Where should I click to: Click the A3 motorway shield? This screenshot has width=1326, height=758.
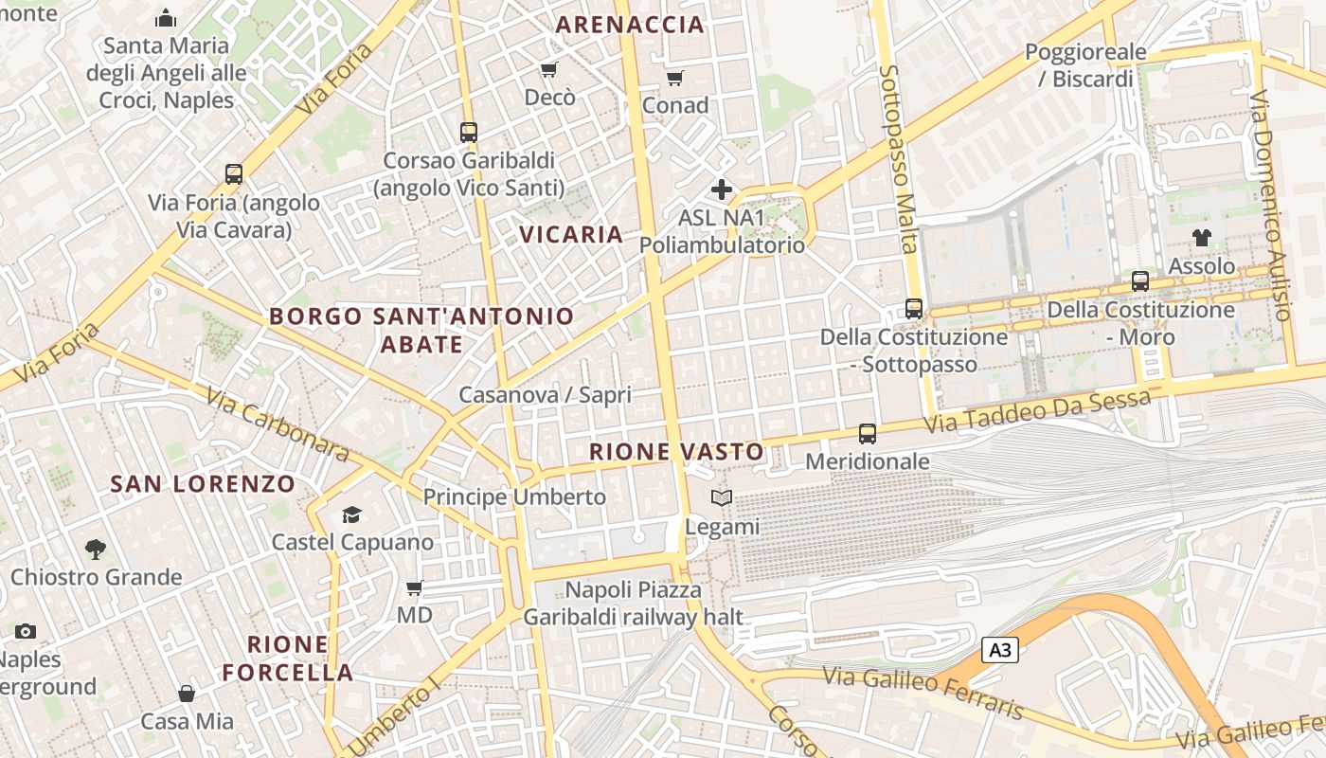click(x=1001, y=650)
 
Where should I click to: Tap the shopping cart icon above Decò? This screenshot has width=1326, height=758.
click(x=548, y=69)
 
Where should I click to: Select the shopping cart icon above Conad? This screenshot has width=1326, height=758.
click(x=674, y=78)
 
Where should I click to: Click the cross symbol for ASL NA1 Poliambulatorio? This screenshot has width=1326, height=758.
click(x=722, y=189)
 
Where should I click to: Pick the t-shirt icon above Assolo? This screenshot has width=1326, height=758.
click(x=1201, y=237)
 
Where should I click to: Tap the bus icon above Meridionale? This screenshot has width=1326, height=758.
click(x=867, y=434)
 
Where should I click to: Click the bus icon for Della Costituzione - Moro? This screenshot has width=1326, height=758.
click(x=1140, y=281)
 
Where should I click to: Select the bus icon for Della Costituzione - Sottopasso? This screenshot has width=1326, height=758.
click(x=913, y=309)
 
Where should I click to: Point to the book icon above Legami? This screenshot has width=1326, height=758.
click(x=722, y=498)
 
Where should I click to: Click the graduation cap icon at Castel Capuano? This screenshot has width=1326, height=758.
click(x=352, y=514)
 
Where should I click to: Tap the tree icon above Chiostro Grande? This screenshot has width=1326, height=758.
click(x=95, y=549)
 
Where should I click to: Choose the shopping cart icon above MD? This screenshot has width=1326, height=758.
click(x=414, y=587)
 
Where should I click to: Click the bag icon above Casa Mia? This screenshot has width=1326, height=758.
click(x=187, y=694)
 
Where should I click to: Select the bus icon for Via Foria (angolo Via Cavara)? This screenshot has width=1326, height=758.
click(x=234, y=174)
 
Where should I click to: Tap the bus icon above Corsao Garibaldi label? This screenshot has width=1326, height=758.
click(x=468, y=133)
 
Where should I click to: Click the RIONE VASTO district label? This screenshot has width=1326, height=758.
click(x=676, y=452)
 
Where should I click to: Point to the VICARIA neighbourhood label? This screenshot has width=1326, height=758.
click(x=571, y=234)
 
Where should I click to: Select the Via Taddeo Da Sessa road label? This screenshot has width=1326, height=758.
click(x=1037, y=412)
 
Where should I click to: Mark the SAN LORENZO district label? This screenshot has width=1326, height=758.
click(x=203, y=484)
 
